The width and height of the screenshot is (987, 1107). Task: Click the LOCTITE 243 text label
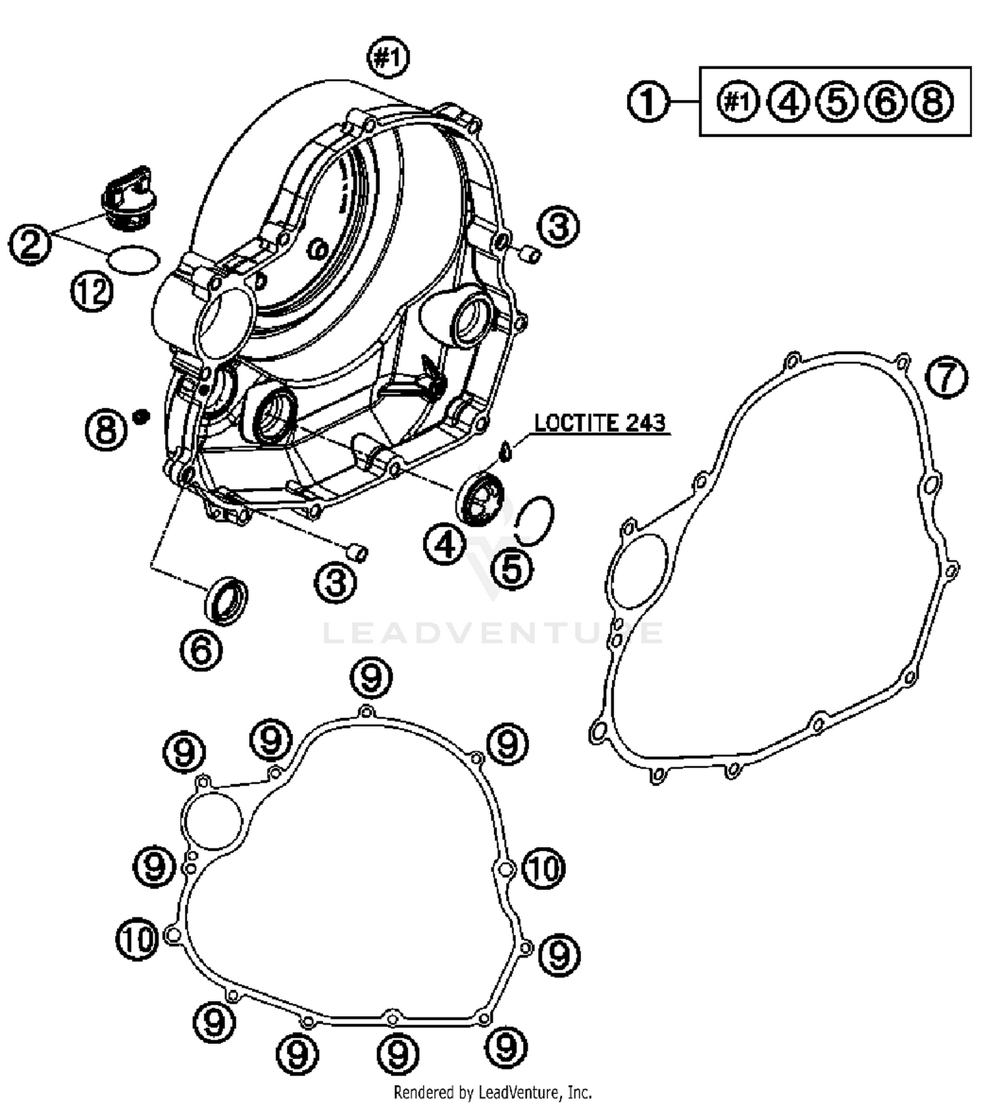pos(599,423)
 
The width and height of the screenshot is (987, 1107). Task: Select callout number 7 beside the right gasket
pos(946,377)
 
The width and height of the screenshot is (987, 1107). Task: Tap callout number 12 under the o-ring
pos(91,292)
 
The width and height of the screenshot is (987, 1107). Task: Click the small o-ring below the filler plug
pos(134,259)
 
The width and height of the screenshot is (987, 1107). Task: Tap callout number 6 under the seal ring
pos(201,650)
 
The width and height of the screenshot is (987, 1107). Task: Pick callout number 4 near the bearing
pos(445,545)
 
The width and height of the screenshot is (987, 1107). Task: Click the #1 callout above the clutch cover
pos(388,59)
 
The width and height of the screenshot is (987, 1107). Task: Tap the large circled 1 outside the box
pos(647,103)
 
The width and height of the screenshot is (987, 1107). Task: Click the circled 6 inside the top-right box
pos(886,103)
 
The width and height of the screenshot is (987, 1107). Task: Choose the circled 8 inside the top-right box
pos(932,103)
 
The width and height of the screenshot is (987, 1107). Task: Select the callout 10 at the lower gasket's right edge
pos(544,869)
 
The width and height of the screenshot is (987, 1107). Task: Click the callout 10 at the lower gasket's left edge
pos(138,939)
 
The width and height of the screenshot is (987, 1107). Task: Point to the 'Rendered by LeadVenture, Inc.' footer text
pos(493,1093)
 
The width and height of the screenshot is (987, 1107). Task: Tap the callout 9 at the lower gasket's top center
pos(372,677)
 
